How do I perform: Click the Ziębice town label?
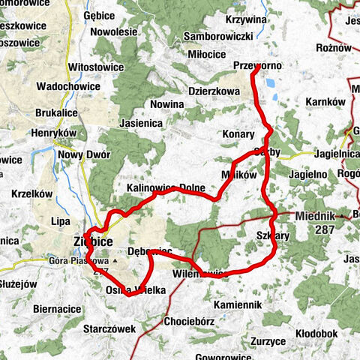pyautogui.click(x=94, y=242)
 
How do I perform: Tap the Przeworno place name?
pyautogui.click(x=257, y=66)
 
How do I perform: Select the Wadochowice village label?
pyautogui.click(x=67, y=86)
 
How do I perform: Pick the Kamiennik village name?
pyautogui.click(x=236, y=305)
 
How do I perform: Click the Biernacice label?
pyautogui.click(x=58, y=308)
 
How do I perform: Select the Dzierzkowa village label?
pyautogui.click(x=214, y=91)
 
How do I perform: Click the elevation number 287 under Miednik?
pyautogui.click(x=325, y=228)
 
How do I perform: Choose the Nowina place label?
pyautogui.click(x=166, y=103)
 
